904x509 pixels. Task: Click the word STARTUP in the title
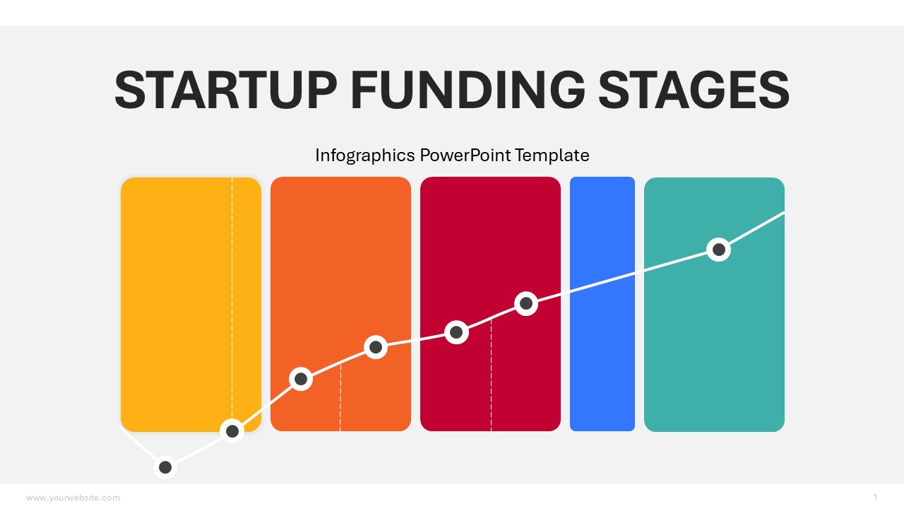coord(225,90)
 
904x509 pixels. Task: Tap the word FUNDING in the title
coord(468,90)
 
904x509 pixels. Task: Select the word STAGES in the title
coord(694,90)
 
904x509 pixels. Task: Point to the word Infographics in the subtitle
coord(365,156)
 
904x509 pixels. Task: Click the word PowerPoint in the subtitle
coord(465,155)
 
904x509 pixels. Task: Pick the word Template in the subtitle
coord(552,156)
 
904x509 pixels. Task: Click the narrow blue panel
coord(602,304)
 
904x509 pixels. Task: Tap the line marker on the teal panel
coord(718,250)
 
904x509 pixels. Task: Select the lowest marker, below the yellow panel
coord(165,467)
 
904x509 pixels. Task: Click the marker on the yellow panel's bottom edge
coord(232,431)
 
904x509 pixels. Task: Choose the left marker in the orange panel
coord(301,379)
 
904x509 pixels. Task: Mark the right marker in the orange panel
coord(376,347)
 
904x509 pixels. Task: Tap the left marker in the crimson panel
coord(456,332)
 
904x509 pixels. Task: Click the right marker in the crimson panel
coord(526,303)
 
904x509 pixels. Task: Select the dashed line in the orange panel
coord(340,397)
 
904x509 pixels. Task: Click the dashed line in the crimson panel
coord(491,375)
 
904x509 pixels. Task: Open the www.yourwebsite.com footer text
coord(73,498)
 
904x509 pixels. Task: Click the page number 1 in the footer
coord(875,497)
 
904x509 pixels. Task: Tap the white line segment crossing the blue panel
coord(602,282)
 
